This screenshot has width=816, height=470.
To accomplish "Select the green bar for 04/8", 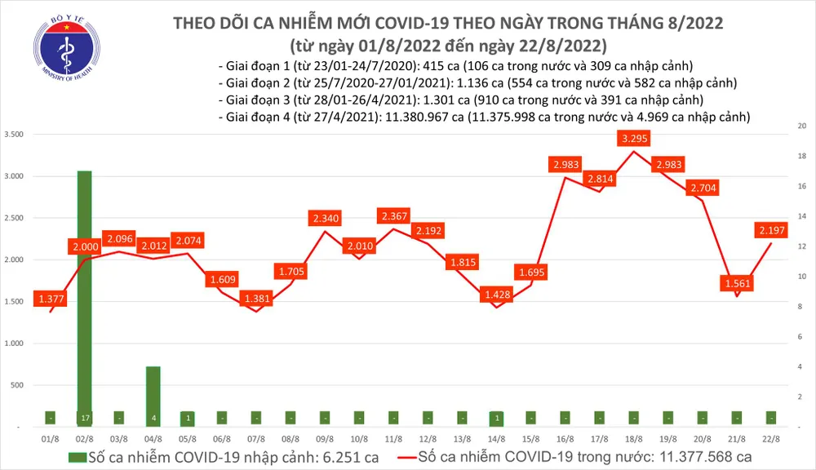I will [153, 396].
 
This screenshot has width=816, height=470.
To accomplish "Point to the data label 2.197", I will [771, 231].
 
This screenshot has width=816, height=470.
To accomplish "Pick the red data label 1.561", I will [738, 284].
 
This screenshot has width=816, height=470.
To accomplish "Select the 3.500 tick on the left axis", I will [13, 134].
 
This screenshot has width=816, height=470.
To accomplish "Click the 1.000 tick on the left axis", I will [13, 344].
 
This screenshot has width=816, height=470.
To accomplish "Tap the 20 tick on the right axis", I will [802, 126].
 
